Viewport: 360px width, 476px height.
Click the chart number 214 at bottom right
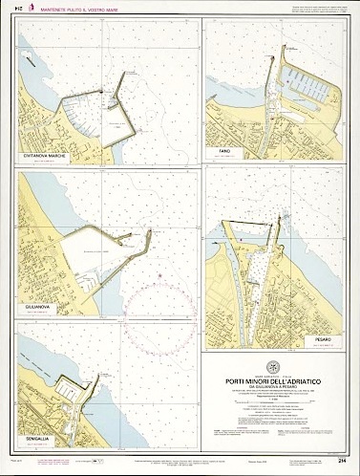tap(340, 464)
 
